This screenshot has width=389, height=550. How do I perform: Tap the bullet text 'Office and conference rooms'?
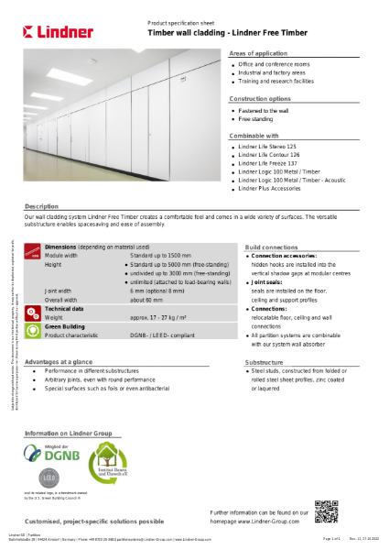275,65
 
